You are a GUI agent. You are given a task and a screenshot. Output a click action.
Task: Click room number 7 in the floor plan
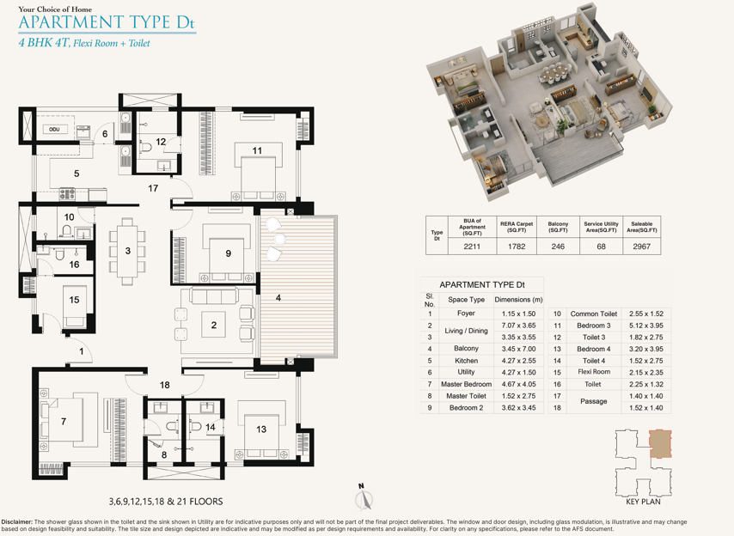[x=64, y=422]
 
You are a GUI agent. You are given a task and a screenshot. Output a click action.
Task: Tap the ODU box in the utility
[x=55, y=130]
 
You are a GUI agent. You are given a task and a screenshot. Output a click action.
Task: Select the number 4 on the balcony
[x=278, y=298]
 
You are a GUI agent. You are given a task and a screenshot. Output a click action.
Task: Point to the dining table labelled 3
[x=128, y=251]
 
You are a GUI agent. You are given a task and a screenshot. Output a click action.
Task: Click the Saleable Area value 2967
[x=642, y=247]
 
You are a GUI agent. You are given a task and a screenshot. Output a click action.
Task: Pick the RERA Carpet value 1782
[x=517, y=247]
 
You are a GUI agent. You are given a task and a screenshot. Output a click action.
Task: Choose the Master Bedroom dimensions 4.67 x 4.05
[x=518, y=385]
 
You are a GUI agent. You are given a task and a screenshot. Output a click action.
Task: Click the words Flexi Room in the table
[x=594, y=372]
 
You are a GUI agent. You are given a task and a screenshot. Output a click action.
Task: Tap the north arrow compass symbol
[x=364, y=497]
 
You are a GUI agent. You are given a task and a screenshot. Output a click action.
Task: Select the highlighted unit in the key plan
[x=660, y=443]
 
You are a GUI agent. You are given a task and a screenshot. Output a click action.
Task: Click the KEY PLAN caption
[x=643, y=502]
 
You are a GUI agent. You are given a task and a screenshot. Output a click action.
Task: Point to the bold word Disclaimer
[x=17, y=521]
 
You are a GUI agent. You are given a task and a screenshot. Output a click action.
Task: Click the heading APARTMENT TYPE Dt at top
[x=107, y=22]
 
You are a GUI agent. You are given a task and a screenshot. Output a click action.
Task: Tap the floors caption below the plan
[x=166, y=502]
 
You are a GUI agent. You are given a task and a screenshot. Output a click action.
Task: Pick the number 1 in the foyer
[x=82, y=351]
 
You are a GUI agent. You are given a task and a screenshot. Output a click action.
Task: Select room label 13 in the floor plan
[x=261, y=429]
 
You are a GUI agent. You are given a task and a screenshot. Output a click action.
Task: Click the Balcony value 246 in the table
[x=558, y=247]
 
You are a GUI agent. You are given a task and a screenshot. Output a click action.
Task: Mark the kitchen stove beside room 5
[x=67, y=192]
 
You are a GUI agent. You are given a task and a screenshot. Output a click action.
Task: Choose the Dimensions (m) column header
[x=518, y=299]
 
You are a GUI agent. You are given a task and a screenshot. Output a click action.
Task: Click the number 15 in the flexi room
[x=75, y=300]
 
